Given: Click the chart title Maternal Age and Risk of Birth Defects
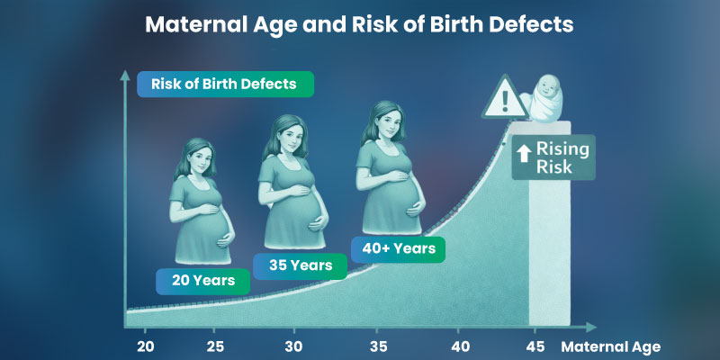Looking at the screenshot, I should tap(360, 24).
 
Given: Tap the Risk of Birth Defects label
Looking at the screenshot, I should tap(225, 84).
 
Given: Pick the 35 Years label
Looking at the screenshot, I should tap(299, 265).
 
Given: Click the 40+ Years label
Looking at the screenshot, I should tap(399, 247).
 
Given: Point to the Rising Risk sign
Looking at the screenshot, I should tap(554, 157).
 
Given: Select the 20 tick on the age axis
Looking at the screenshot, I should tap(147, 346).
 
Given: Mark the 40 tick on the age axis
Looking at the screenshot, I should tap(460, 346).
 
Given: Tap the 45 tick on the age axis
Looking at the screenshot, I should tap(536, 346).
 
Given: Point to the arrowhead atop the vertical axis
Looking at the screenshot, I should tap(126, 75).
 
